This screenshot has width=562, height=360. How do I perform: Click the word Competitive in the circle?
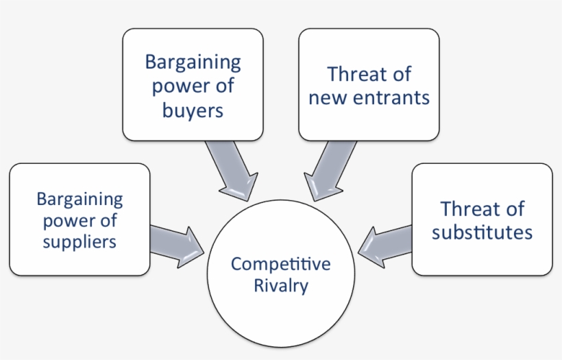(280, 264)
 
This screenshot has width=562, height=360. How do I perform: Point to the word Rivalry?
(280, 285)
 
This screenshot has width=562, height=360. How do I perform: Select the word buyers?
(193, 110)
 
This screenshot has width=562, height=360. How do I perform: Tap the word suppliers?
(80, 241)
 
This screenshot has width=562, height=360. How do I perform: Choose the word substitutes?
(482, 232)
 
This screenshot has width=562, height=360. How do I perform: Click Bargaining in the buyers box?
(193, 62)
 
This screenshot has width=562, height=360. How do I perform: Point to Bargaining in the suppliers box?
(80, 200)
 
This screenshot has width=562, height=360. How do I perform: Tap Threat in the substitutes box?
(467, 208)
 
